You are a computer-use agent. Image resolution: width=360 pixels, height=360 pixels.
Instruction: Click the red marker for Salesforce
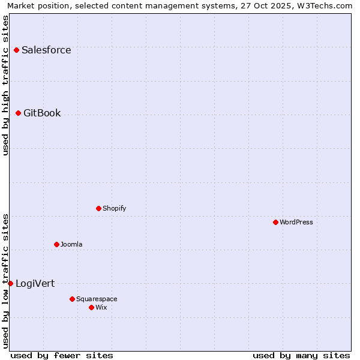pyautogui.click(x=16, y=50)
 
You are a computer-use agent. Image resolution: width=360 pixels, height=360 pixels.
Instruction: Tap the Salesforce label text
pyautogui.click(x=46, y=50)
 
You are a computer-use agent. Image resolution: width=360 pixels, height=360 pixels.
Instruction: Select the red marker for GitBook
pyautogui.click(x=18, y=113)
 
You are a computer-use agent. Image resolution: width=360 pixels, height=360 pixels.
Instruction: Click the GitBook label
pyautogui.click(x=42, y=113)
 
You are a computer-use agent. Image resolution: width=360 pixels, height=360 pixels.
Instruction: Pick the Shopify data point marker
pyautogui.click(x=98, y=208)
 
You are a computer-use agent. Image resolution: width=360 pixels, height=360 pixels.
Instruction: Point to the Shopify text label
pyautogui.click(x=114, y=208)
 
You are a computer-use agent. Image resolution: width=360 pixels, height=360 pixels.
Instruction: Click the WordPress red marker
pyautogui.click(x=275, y=222)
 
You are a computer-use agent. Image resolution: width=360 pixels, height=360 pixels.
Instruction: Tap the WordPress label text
pyautogui.click(x=296, y=222)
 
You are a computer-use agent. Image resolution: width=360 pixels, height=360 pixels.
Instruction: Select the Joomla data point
pyautogui.click(x=56, y=244)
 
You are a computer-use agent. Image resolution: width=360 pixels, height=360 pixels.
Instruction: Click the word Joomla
pyautogui.click(x=71, y=244)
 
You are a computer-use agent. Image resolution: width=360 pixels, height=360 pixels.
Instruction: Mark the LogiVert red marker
pyautogui.click(x=10, y=283)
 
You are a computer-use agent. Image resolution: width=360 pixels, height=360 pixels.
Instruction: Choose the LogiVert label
pyautogui.click(x=35, y=283)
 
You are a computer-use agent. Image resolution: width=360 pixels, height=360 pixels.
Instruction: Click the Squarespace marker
pyautogui.click(x=72, y=299)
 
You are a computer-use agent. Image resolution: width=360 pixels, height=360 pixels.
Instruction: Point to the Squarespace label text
pyautogui.click(x=97, y=299)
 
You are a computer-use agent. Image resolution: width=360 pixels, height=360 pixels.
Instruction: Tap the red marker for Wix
pyautogui.click(x=91, y=307)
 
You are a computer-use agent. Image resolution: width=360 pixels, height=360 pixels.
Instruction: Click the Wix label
pyautogui.click(x=101, y=307)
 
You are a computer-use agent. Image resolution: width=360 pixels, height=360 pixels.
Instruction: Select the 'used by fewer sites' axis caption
pyautogui.click(x=62, y=355)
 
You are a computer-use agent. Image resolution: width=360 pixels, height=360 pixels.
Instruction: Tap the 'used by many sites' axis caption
pyautogui.click(x=301, y=355)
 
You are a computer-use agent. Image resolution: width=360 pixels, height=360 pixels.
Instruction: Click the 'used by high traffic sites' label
pyautogui.click(x=6, y=85)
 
